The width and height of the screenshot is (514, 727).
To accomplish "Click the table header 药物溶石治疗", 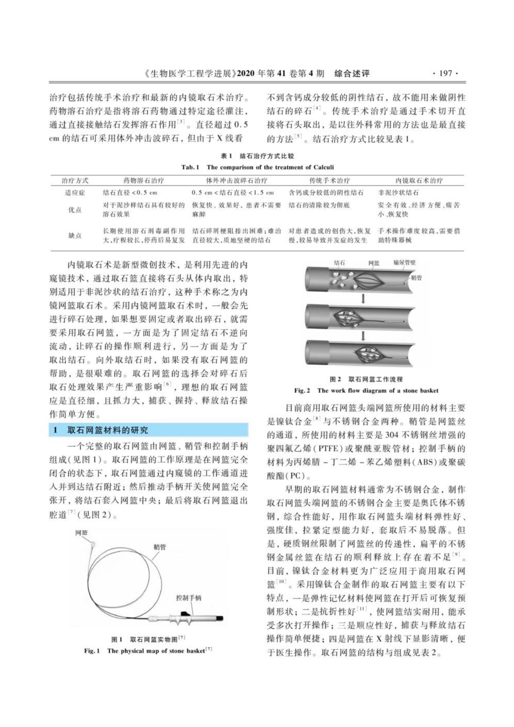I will click(x=143, y=181).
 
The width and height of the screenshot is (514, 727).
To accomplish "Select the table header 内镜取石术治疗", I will click(x=419, y=181).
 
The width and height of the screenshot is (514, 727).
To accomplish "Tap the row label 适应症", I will click(x=75, y=192).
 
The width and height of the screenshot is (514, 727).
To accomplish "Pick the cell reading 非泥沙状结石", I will click(x=398, y=192).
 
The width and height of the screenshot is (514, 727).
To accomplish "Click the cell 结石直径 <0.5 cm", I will click(x=131, y=192).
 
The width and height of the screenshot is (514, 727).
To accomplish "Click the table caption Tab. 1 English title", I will click(x=257, y=167).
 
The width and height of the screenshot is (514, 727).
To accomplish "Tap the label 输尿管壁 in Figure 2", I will click(x=404, y=263).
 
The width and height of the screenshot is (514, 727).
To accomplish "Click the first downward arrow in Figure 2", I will click(x=363, y=299).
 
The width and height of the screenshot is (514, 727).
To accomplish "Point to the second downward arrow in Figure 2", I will click(x=363, y=335).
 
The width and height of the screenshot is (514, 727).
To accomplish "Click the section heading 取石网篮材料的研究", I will click(x=108, y=430).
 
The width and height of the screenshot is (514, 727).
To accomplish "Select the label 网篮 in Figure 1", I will click(x=81, y=533).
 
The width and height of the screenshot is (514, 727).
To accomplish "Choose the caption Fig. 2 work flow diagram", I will click(x=366, y=390).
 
